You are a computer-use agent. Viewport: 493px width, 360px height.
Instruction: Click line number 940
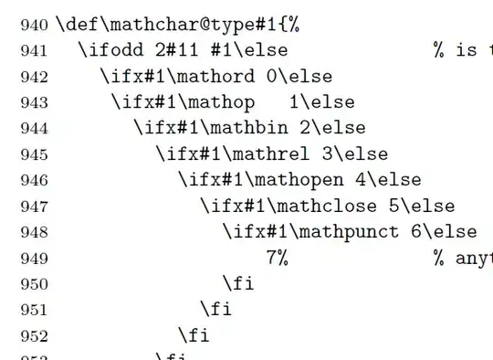[x=35, y=26]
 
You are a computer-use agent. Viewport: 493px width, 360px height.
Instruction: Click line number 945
[x=35, y=154]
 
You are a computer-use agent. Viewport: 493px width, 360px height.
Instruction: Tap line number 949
[x=35, y=259]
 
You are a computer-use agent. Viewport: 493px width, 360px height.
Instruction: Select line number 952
[x=35, y=335]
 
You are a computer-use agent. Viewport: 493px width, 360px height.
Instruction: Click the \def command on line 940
[x=78, y=25]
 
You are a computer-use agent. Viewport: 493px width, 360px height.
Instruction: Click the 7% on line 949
[x=278, y=258]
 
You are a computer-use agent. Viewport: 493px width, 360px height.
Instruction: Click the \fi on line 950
[x=238, y=283]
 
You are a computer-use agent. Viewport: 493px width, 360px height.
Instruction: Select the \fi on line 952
[x=194, y=335]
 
